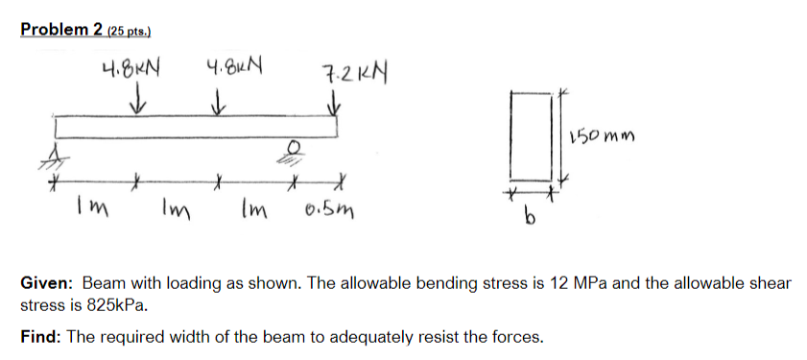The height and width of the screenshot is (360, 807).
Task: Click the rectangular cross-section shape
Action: coord(529,135)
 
